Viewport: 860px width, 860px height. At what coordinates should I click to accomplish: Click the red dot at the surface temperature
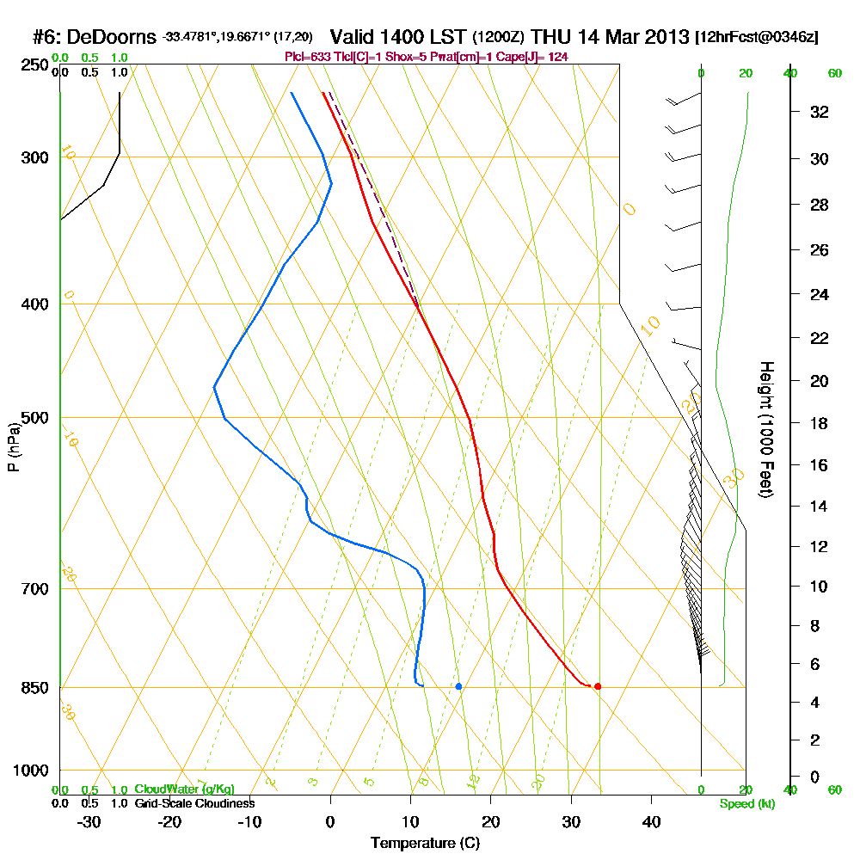[598, 686]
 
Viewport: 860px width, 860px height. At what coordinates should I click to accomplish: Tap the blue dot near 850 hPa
[458, 686]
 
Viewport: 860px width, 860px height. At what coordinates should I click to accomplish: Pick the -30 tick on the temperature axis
[89, 822]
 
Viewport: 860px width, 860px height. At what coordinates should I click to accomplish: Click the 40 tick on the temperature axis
[651, 822]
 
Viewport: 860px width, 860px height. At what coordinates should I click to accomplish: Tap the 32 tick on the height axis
[820, 112]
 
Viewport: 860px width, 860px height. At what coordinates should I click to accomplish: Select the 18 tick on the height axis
[820, 423]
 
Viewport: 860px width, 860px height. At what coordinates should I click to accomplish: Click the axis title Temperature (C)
[425, 844]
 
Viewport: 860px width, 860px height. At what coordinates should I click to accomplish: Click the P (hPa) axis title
[13, 446]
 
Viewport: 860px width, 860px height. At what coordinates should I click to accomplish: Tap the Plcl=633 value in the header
[307, 56]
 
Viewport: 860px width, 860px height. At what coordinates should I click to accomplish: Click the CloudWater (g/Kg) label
[183, 789]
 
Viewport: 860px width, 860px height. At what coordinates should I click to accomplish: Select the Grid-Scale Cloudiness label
[193, 803]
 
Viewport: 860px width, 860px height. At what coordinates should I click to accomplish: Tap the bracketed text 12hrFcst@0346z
[759, 38]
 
